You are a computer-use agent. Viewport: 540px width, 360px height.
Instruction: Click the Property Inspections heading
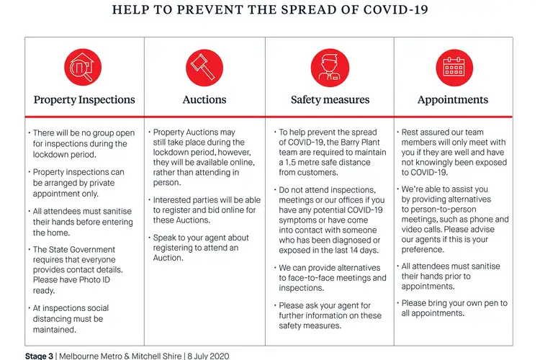point(84,100)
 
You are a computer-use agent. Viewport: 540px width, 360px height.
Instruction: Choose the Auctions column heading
point(204,100)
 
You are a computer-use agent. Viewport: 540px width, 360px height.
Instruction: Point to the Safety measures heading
point(330,100)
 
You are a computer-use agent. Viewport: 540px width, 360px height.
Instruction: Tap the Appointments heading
point(453,100)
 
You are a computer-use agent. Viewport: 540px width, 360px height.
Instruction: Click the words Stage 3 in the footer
point(40,356)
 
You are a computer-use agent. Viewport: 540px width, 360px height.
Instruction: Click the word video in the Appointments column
point(413,230)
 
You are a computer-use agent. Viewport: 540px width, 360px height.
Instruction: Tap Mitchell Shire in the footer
point(155,356)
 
